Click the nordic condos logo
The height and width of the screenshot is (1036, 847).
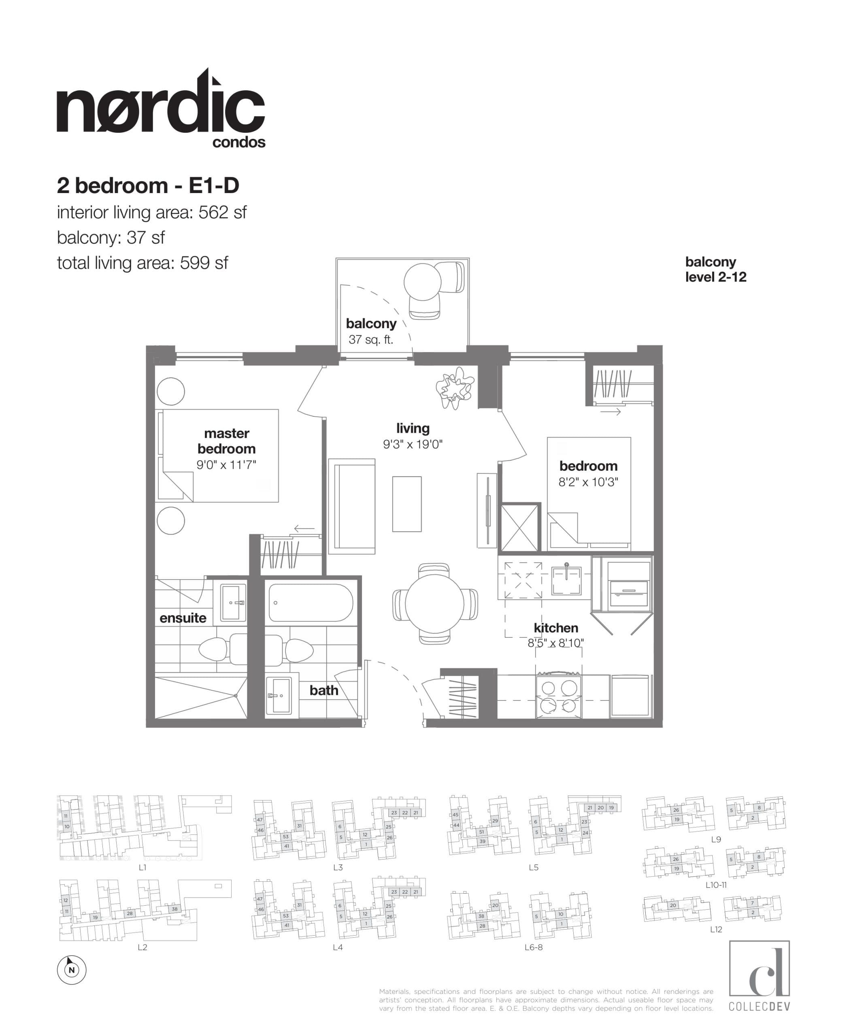(x=161, y=110)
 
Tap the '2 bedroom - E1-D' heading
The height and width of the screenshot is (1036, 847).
(x=148, y=185)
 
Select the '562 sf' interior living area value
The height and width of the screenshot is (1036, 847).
(x=222, y=212)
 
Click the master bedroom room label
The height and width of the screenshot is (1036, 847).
(x=226, y=440)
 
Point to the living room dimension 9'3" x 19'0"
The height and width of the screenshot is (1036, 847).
(x=413, y=444)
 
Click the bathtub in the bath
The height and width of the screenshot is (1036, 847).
(x=311, y=603)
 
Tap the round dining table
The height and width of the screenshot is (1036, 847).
(x=434, y=603)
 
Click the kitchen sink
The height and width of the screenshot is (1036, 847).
(x=566, y=580)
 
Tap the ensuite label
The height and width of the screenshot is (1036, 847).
(x=183, y=618)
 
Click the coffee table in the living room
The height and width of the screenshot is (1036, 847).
(x=407, y=504)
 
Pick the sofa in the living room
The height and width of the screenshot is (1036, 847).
(x=352, y=506)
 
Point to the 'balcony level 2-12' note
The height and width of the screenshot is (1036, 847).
(x=716, y=269)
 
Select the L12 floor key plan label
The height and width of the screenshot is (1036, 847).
(x=716, y=930)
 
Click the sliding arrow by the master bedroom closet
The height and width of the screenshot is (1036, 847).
(x=304, y=528)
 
